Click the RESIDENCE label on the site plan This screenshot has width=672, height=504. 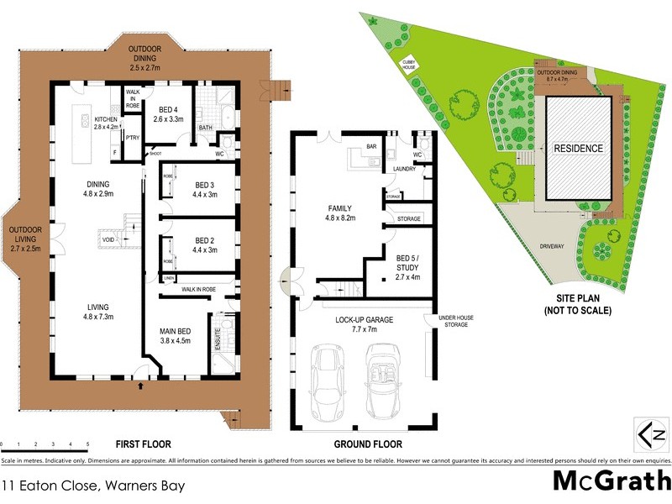coord(578,149)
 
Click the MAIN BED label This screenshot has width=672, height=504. coord(172,336)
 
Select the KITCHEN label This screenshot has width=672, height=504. coord(107,123)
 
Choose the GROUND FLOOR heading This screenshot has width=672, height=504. coord(368,444)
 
